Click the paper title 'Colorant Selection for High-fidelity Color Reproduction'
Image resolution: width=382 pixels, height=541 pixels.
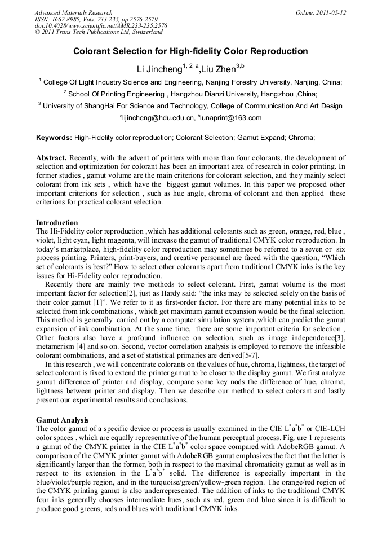pyautogui.click(x=190, y=51)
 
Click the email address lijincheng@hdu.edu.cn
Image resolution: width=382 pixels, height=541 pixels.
pyautogui.click(x=158, y=118)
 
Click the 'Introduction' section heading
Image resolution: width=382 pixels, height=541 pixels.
pyautogui.click(x=57, y=223)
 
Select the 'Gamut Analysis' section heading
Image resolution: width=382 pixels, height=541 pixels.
pyautogui.click(x=63, y=420)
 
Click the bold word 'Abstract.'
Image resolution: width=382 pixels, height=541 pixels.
pyautogui.click(x=52, y=158)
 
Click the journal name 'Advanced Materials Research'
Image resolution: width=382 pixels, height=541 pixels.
pyautogui.click(x=73, y=12)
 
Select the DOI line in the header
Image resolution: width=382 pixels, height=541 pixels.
pyautogui.click(x=101, y=26)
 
